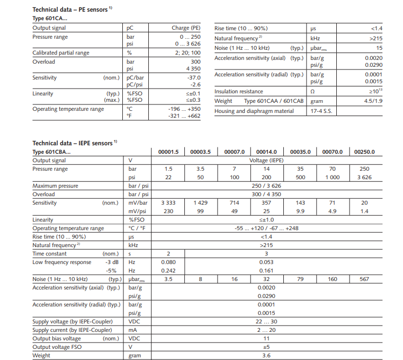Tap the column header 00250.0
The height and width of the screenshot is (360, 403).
click(364, 152)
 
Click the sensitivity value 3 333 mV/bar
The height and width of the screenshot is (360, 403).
click(168, 203)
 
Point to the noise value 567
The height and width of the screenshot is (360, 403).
click(364, 279)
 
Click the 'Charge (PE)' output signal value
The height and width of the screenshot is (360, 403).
click(186, 28)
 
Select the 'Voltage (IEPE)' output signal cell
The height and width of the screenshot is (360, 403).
click(266, 161)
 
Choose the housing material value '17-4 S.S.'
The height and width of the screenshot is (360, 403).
click(321, 111)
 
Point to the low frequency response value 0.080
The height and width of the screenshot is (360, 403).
click(168, 262)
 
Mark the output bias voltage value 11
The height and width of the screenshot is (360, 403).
click(266, 338)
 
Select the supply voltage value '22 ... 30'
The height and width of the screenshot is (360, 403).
click(266, 321)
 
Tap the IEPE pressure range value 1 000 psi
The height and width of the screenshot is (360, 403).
click(332, 178)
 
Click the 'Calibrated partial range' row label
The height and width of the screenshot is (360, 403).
click(61, 53)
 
